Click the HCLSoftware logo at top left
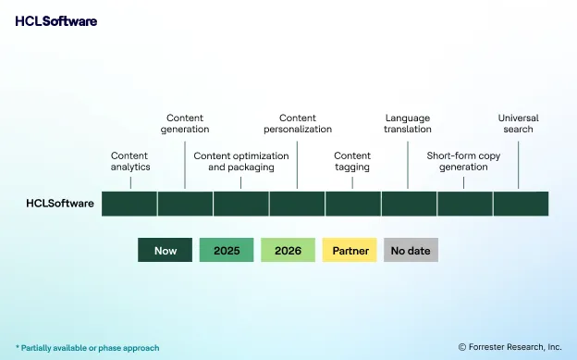coord(55,21)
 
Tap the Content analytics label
coord(129,161)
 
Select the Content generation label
coord(187,123)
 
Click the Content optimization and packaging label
coord(240,161)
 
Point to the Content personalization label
coord(297,123)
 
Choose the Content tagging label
coord(352,161)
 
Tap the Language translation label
coord(408,123)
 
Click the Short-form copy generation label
coord(463,161)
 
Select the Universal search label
coord(518,123)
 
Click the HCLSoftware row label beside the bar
coord(59,204)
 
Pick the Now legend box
coord(166,250)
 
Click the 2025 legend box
coord(227,250)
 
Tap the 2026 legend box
coord(288,250)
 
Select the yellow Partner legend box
coord(350,250)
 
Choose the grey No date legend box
coord(411,250)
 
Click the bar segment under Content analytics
coord(129,204)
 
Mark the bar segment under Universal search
coord(521,204)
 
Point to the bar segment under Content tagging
coord(352,204)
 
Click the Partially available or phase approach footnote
coord(87,348)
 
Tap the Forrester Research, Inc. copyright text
coord(509,347)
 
